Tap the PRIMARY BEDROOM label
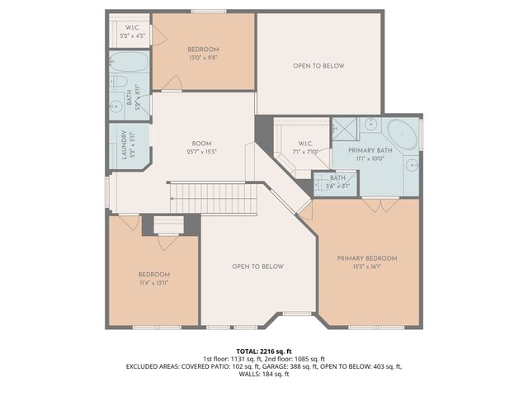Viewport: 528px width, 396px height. pyautogui.click(x=366, y=258)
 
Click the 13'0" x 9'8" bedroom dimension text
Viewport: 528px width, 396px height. pyautogui.click(x=204, y=58)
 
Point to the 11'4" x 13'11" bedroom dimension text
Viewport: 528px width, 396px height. pyautogui.click(x=153, y=283)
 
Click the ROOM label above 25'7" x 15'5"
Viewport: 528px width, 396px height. pyautogui.click(x=202, y=144)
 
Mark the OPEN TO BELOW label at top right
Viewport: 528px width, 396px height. pyautogui.click(x=318, y=66)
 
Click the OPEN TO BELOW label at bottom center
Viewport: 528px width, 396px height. pyautogui.click(x=257, y=266)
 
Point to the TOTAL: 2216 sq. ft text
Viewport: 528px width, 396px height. pyautogui.click(x=264, y=351)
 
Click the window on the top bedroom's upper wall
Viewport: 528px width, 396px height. pyautogui.click(x=203, y=12)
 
